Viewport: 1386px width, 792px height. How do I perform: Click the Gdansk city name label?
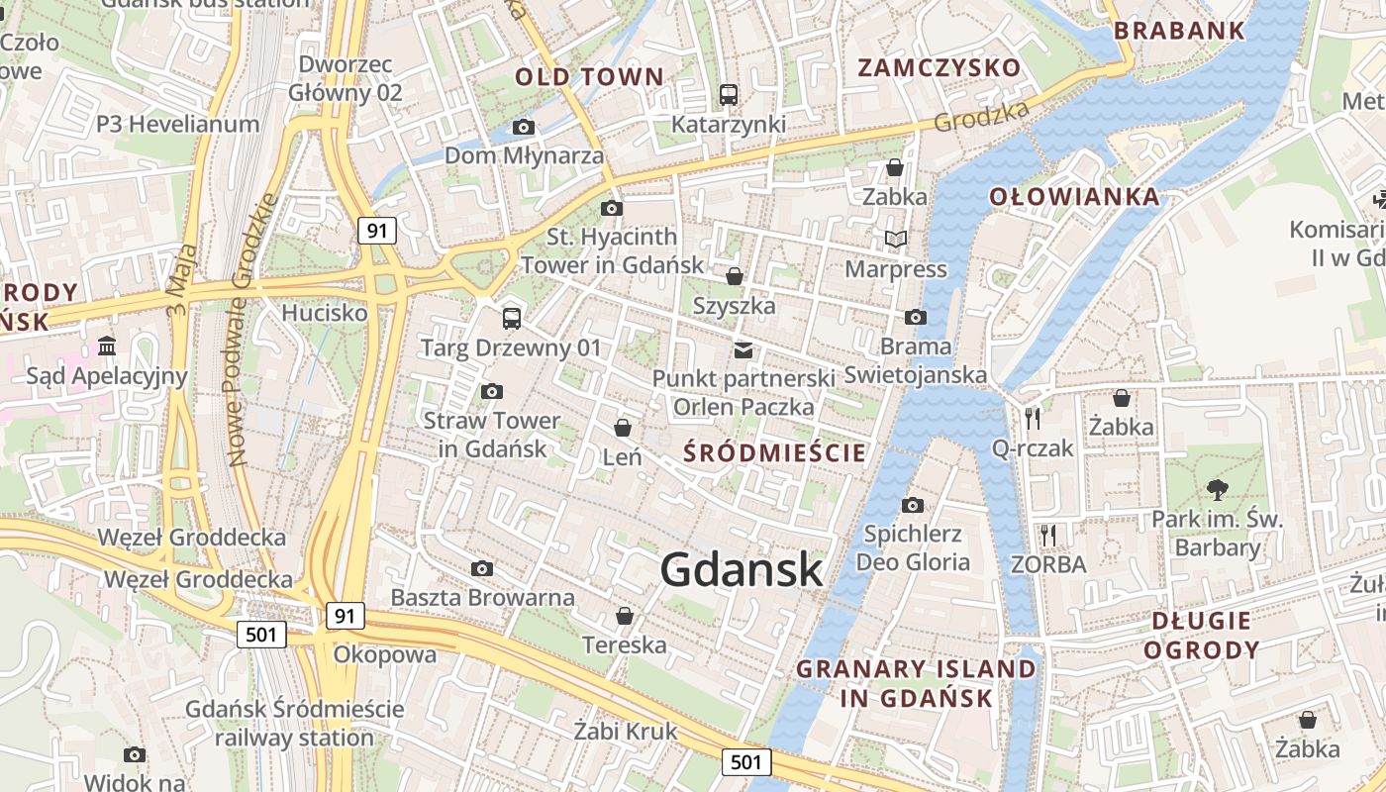tap(742, 569)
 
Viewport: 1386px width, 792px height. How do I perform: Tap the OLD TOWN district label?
tap(589, 77)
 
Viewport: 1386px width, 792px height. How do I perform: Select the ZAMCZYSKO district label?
tap(939, 67)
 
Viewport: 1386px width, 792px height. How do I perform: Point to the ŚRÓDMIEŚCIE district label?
tap(776, 453)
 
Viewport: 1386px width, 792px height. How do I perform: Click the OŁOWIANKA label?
tap(1074, 196)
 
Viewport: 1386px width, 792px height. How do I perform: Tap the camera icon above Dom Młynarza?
tap(524, 127)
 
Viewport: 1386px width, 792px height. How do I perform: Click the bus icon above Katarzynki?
tap(729, 95)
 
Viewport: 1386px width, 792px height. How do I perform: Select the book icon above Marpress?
tap(895, 239)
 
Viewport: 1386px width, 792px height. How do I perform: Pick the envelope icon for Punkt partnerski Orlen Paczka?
tap(743, 349)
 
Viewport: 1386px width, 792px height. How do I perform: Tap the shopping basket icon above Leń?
tap(623, 428)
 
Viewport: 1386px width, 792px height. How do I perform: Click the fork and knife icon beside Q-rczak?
tap(1033, 419)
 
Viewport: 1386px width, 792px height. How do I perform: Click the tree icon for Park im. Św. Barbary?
tap(1217, 489)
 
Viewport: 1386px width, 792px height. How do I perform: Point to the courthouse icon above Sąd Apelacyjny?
tap(107, 346)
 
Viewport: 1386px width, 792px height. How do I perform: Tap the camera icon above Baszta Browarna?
tap(482, 568)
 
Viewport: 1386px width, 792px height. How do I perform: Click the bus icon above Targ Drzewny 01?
tap(511, 318)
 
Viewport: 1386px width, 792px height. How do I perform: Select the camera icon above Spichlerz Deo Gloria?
tap(913, 505)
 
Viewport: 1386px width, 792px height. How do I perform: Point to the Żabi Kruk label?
tap(626, 731)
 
